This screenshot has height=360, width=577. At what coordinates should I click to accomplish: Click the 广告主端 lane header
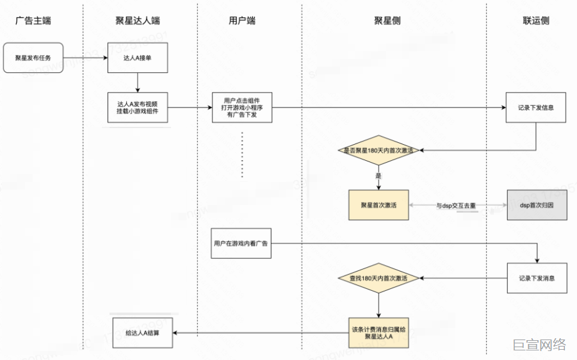pos(33,20)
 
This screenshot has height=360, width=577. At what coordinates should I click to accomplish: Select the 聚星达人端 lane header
pos(138,20)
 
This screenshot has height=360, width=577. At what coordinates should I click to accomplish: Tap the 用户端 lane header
pos(242,20)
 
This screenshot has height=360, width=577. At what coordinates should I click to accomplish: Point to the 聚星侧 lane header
pos(387,20)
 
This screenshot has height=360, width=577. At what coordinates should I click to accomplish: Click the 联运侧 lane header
pos(536,20)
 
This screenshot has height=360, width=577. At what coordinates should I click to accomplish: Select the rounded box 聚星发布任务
pos(33,58)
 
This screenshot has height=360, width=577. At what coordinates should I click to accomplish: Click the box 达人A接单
pos(138,58)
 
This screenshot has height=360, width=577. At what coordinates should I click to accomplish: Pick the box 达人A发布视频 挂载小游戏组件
pos(138,107)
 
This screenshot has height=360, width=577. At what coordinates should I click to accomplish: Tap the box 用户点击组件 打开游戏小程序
pos(242,107)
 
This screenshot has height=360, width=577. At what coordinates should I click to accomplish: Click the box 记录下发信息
pos(537,107)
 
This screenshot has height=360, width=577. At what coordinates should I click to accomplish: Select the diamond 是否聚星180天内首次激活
pos(378,151)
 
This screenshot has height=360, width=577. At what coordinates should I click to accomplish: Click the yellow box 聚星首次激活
pos(378,205)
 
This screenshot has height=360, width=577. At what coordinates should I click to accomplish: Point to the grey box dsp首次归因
pos(537,205)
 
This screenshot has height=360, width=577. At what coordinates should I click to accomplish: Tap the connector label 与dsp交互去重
pos(456,206)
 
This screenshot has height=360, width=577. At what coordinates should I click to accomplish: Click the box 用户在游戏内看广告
pos(241,243)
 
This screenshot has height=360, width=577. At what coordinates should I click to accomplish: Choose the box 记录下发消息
pos(537,278)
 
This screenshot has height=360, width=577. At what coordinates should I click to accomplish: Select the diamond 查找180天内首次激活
pos(378,279)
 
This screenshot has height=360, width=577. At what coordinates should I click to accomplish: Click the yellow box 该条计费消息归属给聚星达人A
pos(378,332)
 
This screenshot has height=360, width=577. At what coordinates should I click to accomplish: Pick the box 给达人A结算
pos(142,332)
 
